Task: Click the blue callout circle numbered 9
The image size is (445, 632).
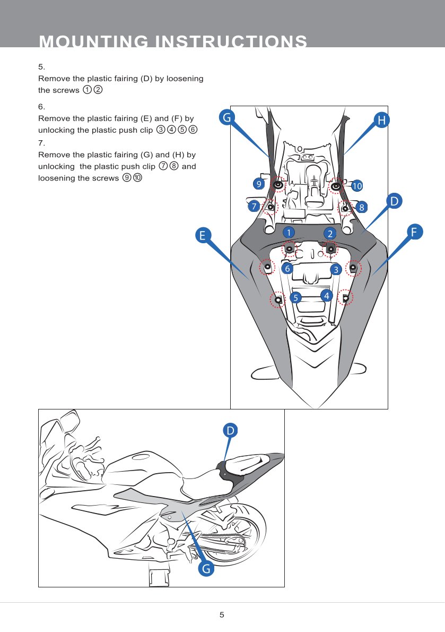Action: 258,184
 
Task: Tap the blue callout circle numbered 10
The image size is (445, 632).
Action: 356,186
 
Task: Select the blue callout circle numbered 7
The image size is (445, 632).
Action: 254,206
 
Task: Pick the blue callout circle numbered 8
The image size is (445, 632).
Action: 361,207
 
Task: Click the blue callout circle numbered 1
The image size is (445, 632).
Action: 287,232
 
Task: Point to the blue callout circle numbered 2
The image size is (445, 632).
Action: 330,234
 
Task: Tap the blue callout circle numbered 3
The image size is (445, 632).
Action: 335,270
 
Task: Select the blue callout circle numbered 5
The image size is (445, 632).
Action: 295,297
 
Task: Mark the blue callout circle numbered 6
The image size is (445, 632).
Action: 287,269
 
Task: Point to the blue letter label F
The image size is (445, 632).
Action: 415,232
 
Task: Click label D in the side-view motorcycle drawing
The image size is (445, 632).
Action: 230,430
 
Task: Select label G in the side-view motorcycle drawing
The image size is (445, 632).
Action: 206,569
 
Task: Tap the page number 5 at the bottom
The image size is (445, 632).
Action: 222,615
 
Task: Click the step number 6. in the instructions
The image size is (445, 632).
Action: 42,106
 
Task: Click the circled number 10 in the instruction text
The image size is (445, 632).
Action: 137,178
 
